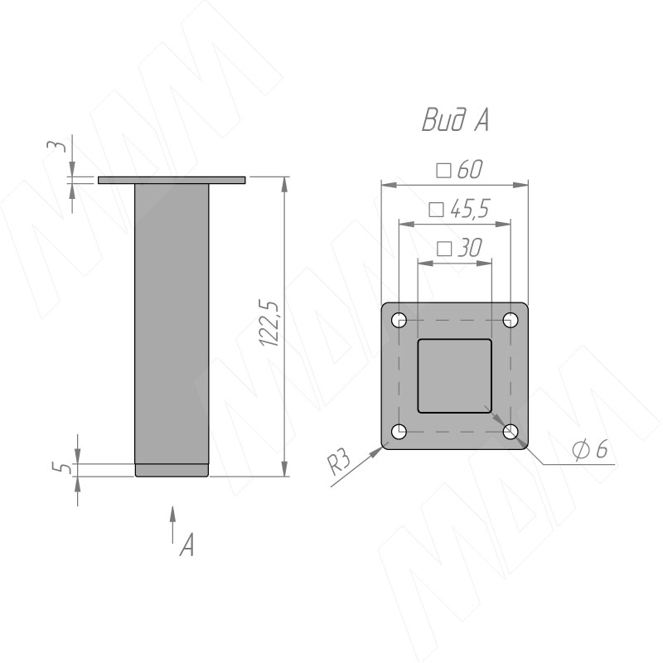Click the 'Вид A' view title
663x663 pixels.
[x=455, y=120]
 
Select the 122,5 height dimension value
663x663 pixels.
[x=269, y=324]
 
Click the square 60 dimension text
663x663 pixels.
[x=459, y=170]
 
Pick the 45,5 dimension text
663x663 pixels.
[x=459, y=209]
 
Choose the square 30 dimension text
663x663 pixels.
[x=459, y=248]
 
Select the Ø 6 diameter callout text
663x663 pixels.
[x=590, y=448]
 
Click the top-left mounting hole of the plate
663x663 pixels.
[x=399, y=320]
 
